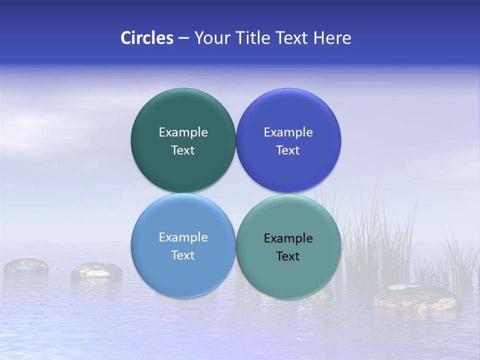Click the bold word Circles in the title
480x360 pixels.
coord(146,38)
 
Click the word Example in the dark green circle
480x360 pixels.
coord(183,132)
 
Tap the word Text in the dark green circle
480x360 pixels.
coord(183,150)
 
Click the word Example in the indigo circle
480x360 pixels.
coord(288,132)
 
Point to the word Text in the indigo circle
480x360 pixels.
coord(288,150)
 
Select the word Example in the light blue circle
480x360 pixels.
coord(183,237)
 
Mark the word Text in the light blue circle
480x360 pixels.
coord(183,255)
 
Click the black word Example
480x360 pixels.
coord(288,238)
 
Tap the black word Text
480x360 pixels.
coord(288,256)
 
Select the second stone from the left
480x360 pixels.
coord(96,271)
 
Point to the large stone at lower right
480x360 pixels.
coord(415,297)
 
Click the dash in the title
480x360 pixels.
coord(183,38)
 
